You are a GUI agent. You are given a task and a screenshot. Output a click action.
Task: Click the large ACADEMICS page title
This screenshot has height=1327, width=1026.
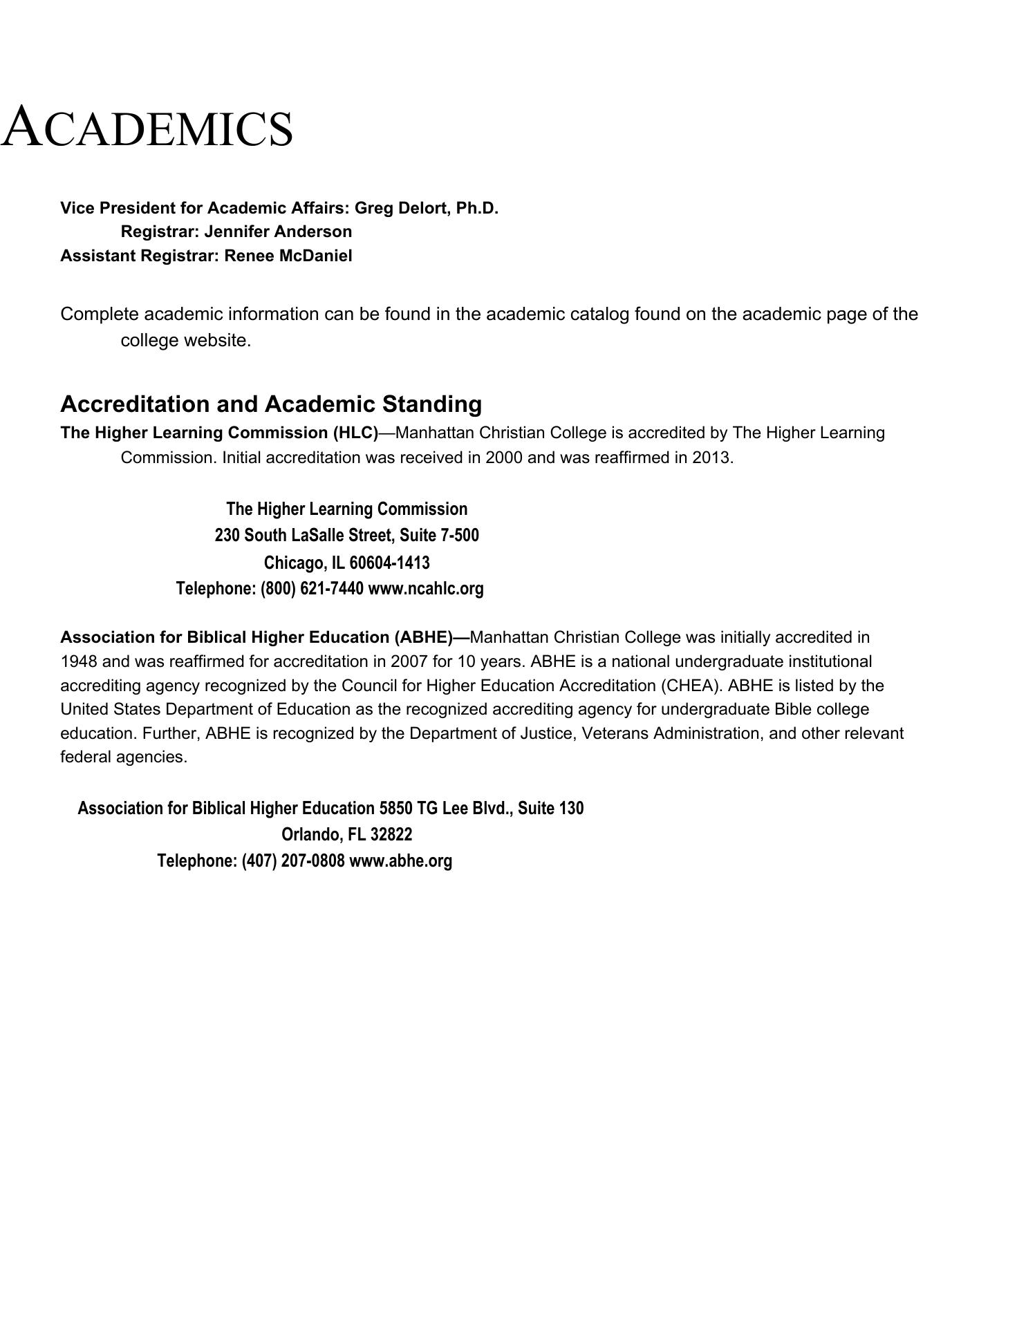click(147, 128)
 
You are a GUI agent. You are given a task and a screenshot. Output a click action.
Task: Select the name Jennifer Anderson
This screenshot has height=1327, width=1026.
click(278, 232)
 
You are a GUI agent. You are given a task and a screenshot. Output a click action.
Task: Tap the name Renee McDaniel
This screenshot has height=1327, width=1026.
click(288, 256)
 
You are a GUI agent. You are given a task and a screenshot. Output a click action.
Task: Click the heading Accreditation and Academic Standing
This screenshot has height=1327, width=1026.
click(271, 404)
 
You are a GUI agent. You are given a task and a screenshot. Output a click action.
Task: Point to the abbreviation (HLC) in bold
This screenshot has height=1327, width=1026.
click(355, 433)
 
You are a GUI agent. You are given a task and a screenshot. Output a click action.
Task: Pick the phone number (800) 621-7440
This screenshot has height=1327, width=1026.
click(312, 589)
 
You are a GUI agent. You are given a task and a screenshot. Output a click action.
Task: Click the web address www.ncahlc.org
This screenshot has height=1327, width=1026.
click(426, 589)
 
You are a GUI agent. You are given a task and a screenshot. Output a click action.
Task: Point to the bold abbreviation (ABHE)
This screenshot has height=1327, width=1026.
click(423, 637)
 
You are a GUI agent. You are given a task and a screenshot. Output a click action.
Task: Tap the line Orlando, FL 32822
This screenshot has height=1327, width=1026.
click(346, 835)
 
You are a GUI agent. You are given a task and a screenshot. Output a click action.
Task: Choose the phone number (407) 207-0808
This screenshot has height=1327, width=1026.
click(293, 861)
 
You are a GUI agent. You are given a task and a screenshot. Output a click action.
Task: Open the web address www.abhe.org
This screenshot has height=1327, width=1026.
click(401, 861)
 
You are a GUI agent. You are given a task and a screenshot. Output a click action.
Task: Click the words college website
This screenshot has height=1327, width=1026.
click(185, 341)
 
